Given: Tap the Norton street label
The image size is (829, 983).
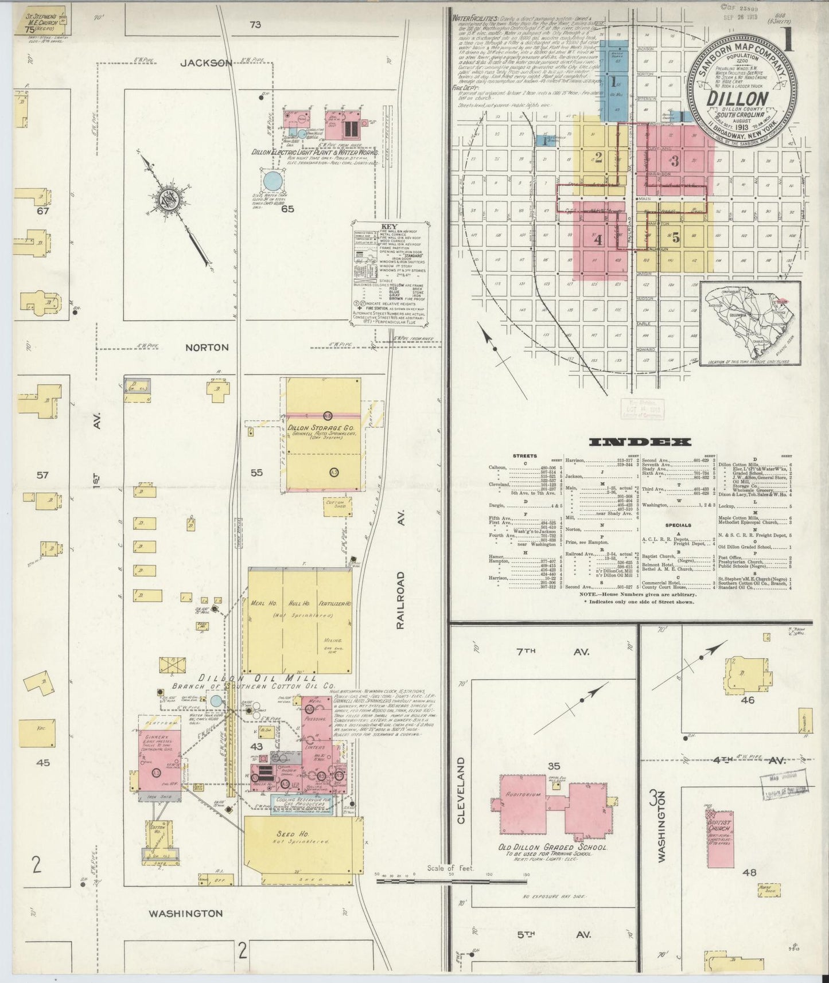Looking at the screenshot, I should [207, 348].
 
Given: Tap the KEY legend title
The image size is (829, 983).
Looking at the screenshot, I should [388, 227].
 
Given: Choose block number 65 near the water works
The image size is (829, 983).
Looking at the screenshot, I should [287, 209].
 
